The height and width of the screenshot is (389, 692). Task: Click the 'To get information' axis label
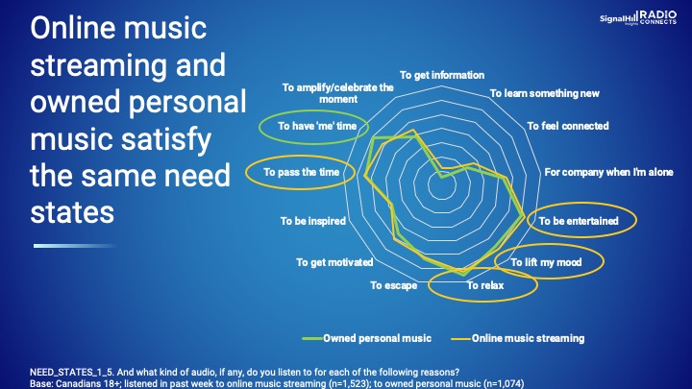point(442,75)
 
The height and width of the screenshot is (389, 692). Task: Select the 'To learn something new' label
point(545,93)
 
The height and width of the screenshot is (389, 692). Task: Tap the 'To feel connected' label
point(568,126)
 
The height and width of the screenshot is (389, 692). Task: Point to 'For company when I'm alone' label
point(608,172)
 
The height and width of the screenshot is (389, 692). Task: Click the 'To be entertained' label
point(579,221)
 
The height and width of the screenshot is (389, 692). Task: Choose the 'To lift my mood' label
point(546,262)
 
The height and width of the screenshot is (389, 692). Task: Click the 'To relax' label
point(485,286)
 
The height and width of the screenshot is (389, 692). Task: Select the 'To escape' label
point(394,286)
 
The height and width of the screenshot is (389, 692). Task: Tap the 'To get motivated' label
point(334,262)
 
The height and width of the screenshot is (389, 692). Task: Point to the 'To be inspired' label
point(313,221)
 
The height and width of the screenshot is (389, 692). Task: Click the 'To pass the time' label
point(302,172)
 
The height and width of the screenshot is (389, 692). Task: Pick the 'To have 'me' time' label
point(317,126)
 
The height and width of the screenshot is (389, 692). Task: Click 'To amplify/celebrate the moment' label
point(338,93)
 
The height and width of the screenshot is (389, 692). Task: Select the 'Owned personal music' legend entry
point(366,338)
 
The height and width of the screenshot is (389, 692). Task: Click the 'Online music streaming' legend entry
point(518,338)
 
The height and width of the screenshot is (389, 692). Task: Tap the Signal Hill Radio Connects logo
point(638,17)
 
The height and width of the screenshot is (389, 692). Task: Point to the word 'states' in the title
point(72,212)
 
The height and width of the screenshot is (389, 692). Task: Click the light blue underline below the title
point(74,246)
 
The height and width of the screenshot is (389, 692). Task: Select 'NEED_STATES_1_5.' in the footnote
point(72,373)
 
